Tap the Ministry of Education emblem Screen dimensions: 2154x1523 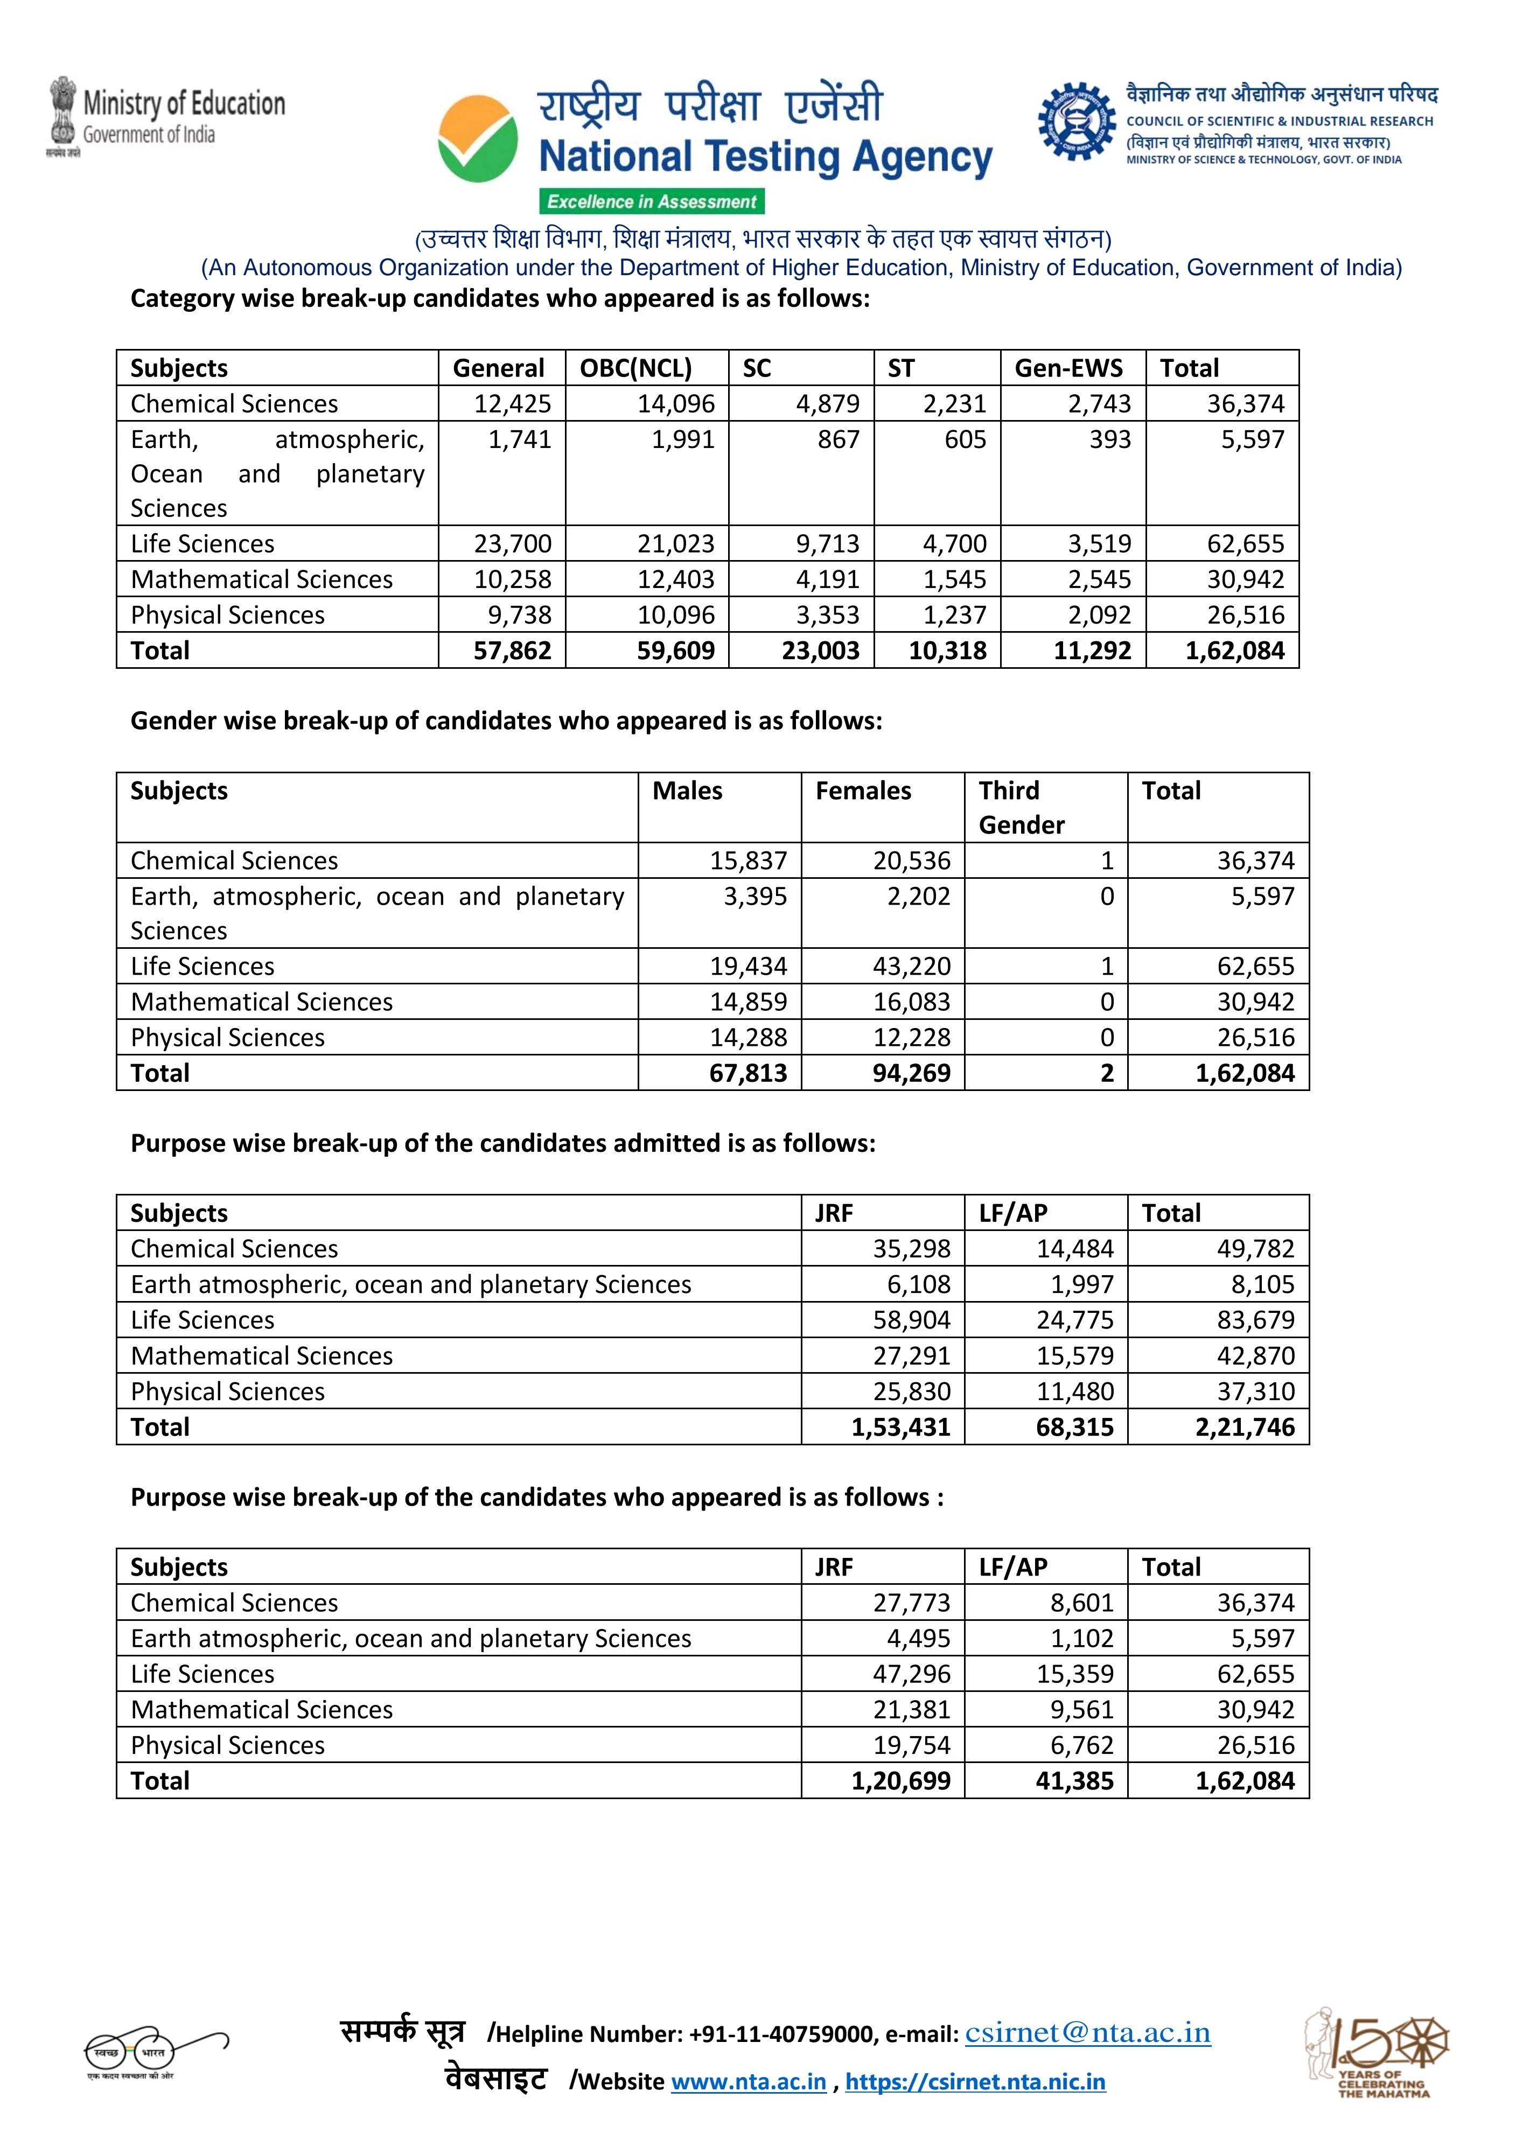click(63, 113)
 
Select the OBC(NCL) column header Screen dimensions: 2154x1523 click(635, 368)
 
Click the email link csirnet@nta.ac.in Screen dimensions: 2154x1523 click(1088, 2032)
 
